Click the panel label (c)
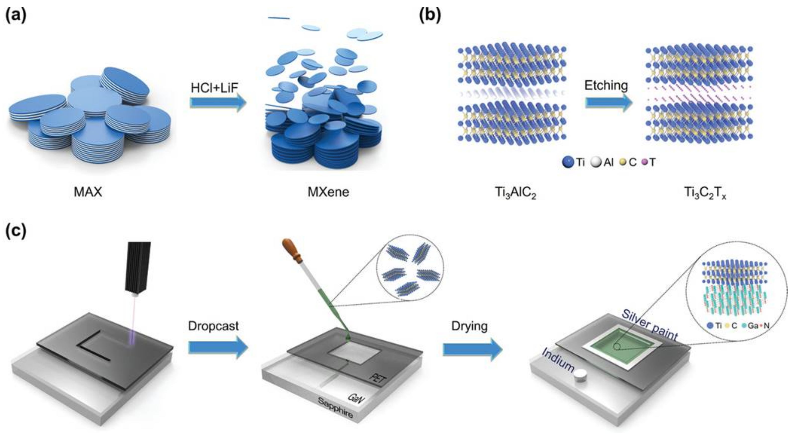[16, 231]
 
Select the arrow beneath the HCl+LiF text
[218, 103]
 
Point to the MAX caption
[88, 192]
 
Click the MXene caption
[328, 192]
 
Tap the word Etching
[606, 85]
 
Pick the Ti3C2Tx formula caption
[705, 193]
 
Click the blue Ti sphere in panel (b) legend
[568, 162]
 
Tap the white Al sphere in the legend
[596, 162]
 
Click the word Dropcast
[213, 326]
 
